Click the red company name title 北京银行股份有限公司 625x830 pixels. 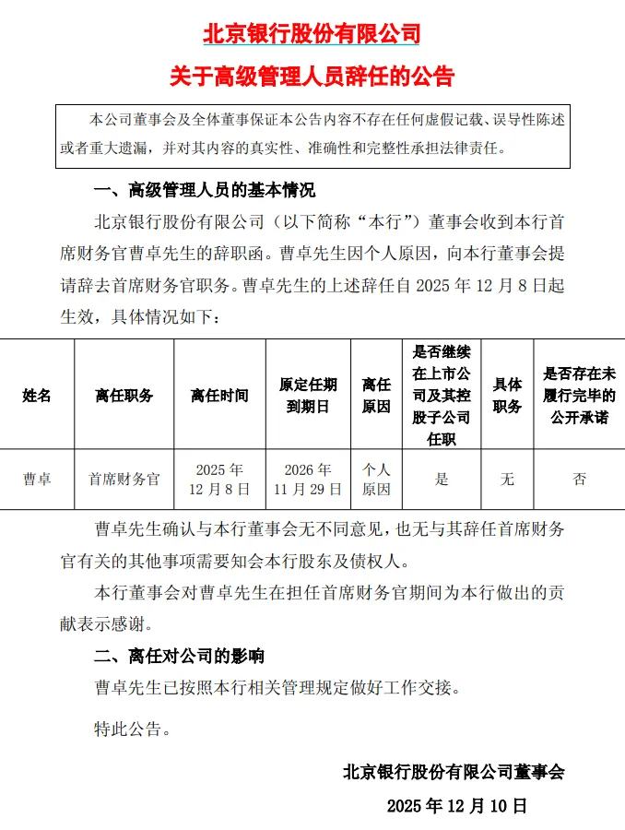pyautogui.click(x=312, y=35)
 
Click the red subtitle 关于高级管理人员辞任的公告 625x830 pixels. pyautogui.click(x=312, y=76)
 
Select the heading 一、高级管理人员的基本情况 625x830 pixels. pyautogui.click(x=204, y=191)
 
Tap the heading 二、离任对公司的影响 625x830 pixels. pyautogui.click(x=179, y=656)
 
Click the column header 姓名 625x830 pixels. pyautogui.click(x=37, y=395)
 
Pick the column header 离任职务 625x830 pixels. pyautogui.click(x=124, y=395)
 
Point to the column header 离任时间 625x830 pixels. pyautogui.click(x=219, y=395)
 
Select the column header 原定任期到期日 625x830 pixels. pyautogui.click(x=308, y=395)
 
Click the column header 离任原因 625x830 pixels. pyautogui.click(x=376, y=395)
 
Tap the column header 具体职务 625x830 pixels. pyautogui.click(x=507, y=395)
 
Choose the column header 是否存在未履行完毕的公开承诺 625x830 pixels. pyautogui.click(x=579, y=395)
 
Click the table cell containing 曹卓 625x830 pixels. pyautogui.click(x=37, y=480)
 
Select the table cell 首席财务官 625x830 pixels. pyautogui.click(x=124, y=480)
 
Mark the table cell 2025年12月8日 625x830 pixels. pyautogui.click(x=219, y=480)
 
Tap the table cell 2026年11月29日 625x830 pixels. pyautogui.click(x=308, y=480)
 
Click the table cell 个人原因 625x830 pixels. pyautogui.click(x=376, y=480)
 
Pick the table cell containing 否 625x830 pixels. pyautogui.click(x=579, y=480)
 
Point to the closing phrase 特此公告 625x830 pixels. pyautogui.click(x=133, y=730)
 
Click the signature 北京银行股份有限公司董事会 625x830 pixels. pyautogui.click(x=453, y=772)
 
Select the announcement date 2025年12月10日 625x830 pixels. pyautogui.click(x=457, y=805)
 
